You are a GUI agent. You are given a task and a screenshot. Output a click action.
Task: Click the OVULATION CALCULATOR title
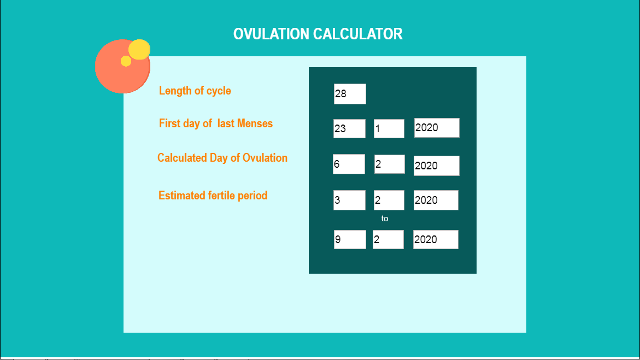click(318, 34)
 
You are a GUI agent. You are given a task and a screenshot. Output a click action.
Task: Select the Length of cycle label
click(195, 91)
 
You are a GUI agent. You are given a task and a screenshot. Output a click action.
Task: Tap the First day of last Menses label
click(215, 123)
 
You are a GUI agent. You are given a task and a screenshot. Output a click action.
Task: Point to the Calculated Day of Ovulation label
click(222, 158)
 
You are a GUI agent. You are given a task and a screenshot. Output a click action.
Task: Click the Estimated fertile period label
click(213, 196)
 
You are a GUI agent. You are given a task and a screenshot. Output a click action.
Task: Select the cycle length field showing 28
click(350, 94)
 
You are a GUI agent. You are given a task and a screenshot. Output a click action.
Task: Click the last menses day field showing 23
click(349, 128)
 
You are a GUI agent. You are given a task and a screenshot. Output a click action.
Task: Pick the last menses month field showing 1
click(389, 128)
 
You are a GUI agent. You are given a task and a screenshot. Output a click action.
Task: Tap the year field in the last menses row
click(437, 128)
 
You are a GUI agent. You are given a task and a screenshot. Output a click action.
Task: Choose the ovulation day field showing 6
click(349, 164)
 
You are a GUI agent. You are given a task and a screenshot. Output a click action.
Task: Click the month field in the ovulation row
click(389, 164)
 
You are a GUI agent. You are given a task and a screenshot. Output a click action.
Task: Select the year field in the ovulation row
click(436, 166)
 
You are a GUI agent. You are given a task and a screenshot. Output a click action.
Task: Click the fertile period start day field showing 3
click(349, 200)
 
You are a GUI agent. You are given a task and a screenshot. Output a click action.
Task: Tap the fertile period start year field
click(436, 200)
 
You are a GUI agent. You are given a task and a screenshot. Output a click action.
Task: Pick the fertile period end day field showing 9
click(350, 240)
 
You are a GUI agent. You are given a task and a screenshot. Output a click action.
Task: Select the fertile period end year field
click(436, 240)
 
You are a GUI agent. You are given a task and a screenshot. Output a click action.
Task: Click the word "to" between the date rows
click(384, 219)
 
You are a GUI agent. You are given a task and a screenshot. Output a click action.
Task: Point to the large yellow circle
click(139, 50)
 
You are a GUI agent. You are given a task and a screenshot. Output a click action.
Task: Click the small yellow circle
click(126, 61)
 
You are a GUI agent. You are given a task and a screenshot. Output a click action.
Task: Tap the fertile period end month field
click(388, 240)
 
